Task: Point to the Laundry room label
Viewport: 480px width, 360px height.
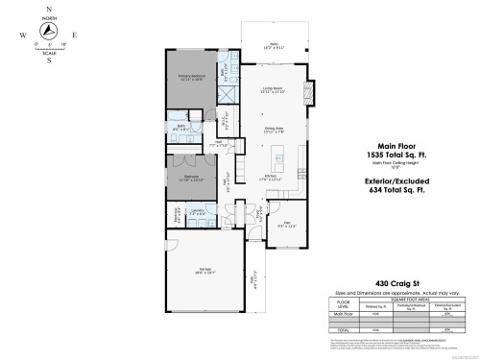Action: (197, 211)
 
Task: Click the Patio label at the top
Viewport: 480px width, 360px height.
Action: (273, 45)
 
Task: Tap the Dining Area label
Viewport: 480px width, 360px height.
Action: (276, 131)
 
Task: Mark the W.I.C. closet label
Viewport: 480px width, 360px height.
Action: (225, 121)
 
